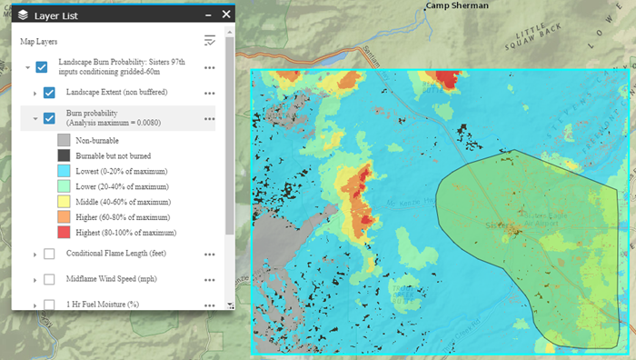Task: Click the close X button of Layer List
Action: click(x=225, y=15)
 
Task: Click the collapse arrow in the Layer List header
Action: click(x=207, y=15)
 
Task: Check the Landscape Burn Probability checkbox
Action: click(x=42, y=66)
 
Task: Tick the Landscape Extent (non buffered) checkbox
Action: click(x=50, y=93)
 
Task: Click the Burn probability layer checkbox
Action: click(x=50, y=118)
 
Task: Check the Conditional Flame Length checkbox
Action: click(x=50, y=254)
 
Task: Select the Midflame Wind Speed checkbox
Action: click(x=50, y=279)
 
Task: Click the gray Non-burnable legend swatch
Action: click(x=64, y=140)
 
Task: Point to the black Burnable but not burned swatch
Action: click(x=64, y=155)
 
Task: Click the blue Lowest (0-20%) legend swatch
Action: click(x=64, y=171)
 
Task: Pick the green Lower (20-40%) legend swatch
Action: click(x=64, y=186)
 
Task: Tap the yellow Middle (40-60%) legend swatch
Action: click(x=64, y=202)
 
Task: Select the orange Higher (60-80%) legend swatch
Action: click(x=64, y=217)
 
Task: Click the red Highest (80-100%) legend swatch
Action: click(x=64, y=233)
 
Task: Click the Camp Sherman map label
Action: click(x=457, y=5)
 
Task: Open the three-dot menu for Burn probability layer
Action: click(x=210, y=118)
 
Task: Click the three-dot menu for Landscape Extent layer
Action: click(x=210, y=93)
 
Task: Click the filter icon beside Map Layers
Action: click(x=210, y=41)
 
